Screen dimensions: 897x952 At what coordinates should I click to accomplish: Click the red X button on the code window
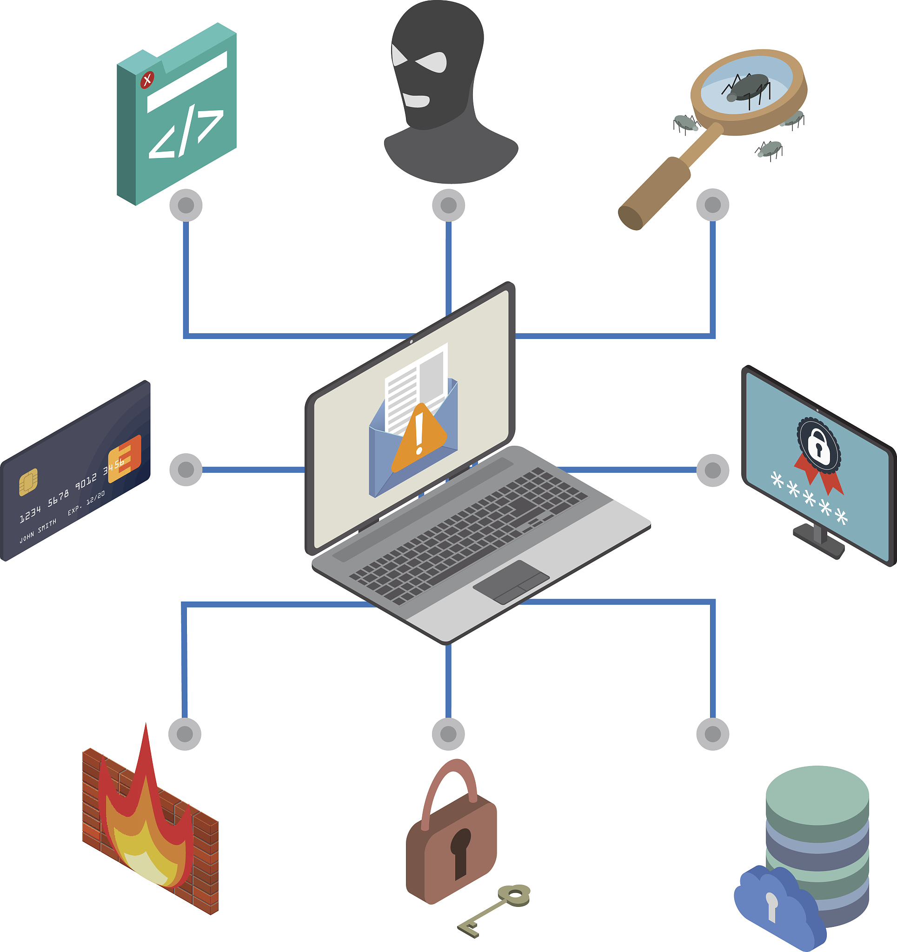pos(147,79)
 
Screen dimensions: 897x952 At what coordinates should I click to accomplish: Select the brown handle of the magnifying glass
pos(655,193)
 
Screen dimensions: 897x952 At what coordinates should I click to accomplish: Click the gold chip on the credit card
pos(28,482)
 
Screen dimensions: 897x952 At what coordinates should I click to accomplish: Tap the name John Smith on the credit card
pos(38,532)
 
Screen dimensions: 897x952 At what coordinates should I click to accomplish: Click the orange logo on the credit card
pos(125,459)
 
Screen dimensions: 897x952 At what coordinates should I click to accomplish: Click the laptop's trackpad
pos(511,582)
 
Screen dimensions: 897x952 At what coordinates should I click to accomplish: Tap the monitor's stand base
pos(818,541)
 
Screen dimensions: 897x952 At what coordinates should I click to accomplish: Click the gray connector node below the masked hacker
pos(448,205)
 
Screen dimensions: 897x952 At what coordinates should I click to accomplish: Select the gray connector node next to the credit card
pos(186,470)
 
